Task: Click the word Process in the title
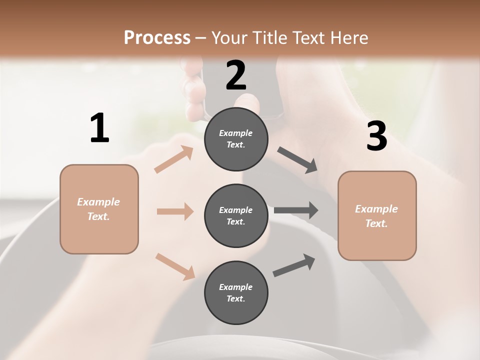[x=157, y=37]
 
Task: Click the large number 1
[x=99, y=128]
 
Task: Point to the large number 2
[x=236, y=75]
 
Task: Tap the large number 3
[x=376, y=136]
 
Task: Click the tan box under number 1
[x=99, y=209]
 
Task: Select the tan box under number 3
[x=377, y=216]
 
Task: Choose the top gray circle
[x=236, y=139]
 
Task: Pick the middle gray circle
[x=236, y=216]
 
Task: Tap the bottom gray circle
[x=236, y=293]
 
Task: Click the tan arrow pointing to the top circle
[x=174, y=159]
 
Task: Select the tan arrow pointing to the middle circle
[x=175, y=211]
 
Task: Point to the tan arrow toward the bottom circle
[x=175, y=266]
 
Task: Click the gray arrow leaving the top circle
[x=297, y=160]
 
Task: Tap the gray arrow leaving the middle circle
[x=296, y=210]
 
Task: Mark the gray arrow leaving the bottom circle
[x=294, y=265]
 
